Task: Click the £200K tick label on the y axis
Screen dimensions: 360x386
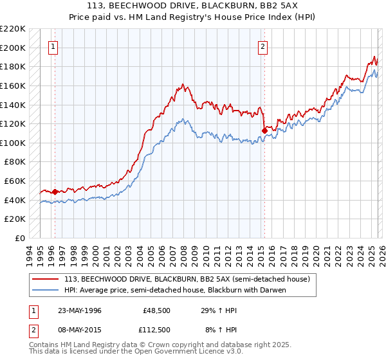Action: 13,48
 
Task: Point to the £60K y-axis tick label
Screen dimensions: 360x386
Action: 15,181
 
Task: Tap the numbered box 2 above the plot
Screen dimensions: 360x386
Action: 263,46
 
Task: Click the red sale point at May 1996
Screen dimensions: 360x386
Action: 55,192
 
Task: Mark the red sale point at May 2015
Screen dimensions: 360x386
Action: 264,130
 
